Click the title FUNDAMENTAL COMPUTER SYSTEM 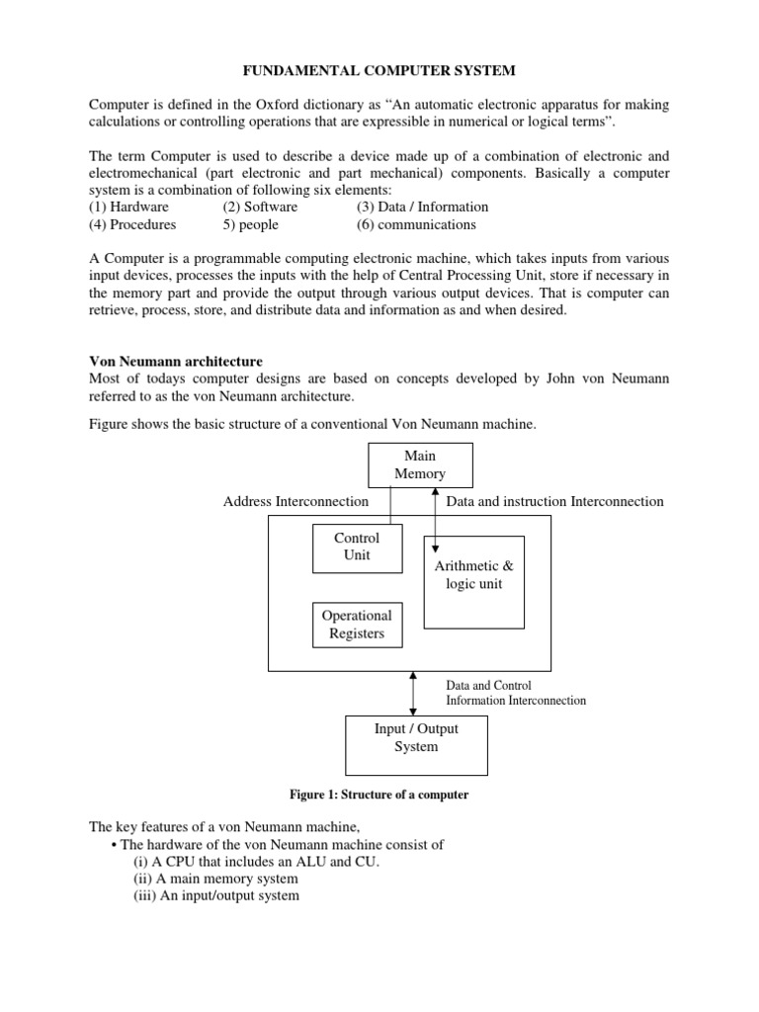point(379,70)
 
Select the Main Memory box point(420,464)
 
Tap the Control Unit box point(357,548)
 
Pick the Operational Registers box point(357,625)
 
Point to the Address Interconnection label point(295,502)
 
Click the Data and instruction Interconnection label point(554,502)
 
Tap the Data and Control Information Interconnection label point(516,693)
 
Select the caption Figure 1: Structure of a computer point(379,795)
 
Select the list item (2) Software point(260,207)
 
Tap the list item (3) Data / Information point(422,207)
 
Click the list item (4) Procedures point(133,224)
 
